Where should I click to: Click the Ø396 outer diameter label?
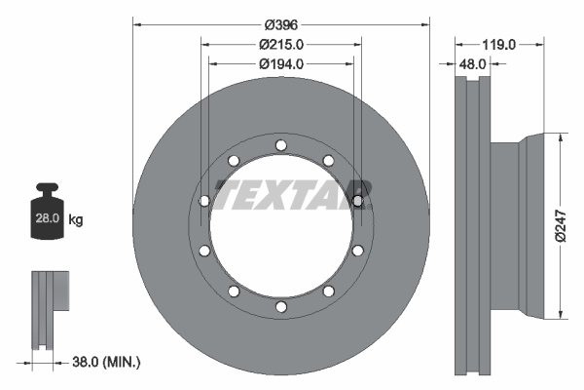point(281,23)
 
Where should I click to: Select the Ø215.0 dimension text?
point(282,44)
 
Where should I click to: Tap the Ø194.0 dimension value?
point(282,63)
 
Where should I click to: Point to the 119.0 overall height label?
point(498,44)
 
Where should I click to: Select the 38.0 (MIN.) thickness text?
point(107,363)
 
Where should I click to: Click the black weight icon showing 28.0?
point(47,214)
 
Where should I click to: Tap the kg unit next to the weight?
point(76,220)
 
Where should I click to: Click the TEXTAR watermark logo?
point(292,195)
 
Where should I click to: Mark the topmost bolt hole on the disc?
point(280,146)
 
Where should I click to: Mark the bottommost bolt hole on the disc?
point(280,307)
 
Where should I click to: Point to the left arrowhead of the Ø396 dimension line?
point(136,23)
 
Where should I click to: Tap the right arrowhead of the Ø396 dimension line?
point(424,23)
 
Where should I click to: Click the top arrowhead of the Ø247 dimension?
point(561,138)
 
